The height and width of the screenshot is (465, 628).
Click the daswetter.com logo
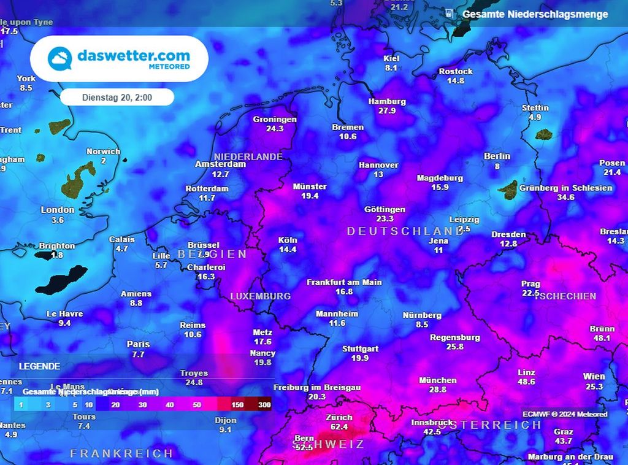pyautogui.click(x=119, y=59)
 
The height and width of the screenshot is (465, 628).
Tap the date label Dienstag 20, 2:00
pyautogui.click(x=117, y=97)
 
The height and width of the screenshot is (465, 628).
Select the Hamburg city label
pyautogui.click(x=387, y=101)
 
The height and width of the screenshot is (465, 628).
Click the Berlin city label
pyautogui.click(x=497, y=156)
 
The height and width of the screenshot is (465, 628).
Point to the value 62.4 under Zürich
pyautogui.click(x=339, y=427)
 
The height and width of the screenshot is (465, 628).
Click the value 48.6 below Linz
pyautogui.click(x=526, y=382)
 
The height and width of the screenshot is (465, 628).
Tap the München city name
pyautogui.click(x=437, y=380)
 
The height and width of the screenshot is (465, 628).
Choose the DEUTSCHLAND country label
pyautogui.click(x=405, y=231)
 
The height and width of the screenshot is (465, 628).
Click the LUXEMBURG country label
pyautogui.click(x=260, y=296)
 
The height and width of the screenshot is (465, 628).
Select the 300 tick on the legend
pyautogui.click(x=264, y=405)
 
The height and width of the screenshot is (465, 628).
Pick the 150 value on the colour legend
pyautogui.click(x=237, y=405)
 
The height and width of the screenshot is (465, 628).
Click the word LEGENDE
pyautogui.click(x=39, y=366)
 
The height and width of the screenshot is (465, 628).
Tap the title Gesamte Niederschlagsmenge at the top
pyautogui.click(x=535, y=14)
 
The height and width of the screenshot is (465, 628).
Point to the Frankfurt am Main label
pyautogui.click(x=344, y=282)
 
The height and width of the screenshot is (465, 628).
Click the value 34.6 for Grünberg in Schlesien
pyautogui.click(x=565, y=198)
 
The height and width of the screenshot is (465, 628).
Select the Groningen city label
pyautogui.click(x=275, y=120)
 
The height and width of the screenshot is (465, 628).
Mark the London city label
pyautogui.click(x=58, y=210)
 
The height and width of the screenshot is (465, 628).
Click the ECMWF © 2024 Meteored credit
pyautogui.click(x=565, y=414)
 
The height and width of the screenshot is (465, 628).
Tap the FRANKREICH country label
pyautogui.click(x=121, y=453)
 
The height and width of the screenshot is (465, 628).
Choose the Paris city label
pyautogui.click(x=138, y=344)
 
